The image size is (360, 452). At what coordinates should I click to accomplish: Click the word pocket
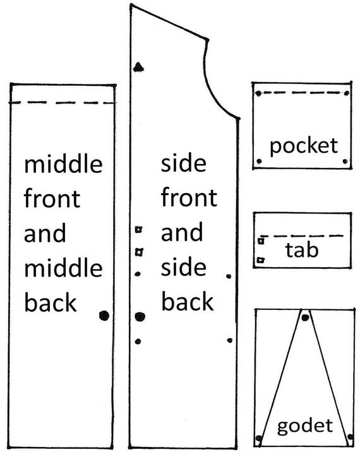pyautogui.click(x=304, y=147)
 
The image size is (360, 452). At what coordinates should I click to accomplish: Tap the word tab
pyautogui.click(x=302, y=249)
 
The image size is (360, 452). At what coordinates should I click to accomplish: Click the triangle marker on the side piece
pyautogui.click(x=139, y=67)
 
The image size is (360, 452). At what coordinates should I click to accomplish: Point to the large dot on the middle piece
pyautogui.click(x=104, y=316)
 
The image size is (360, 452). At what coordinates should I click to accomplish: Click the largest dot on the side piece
pyautogui.click(x=140, y=316)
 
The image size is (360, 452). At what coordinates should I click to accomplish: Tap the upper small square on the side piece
pyautogui.click(x=139, y=230)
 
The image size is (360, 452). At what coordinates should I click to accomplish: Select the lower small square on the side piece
pyautogui.click(x=140, y=252)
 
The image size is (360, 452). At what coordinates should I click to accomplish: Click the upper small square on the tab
pyautogui.click(x=261, y=240)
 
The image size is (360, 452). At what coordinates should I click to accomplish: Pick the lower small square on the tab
pyautogui.click(x=261, y=260)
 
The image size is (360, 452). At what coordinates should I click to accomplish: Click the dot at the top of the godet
pyautogui.click(x=305, y=318)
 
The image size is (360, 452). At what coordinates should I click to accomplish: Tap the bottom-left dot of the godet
pyautogui.click(x=259, y=439)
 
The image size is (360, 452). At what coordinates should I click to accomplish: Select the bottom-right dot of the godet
pyautogui.click(x=351, y=437)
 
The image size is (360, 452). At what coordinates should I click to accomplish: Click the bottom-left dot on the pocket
pyautogui.click(x=259, y=162)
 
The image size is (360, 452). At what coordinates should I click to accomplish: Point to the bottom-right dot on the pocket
pyautogui.click(x=345, y=162)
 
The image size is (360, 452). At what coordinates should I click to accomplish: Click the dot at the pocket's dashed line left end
pyautogui.click(x=258, y=93)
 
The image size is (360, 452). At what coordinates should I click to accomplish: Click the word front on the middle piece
pyautogui.click(x=52, y=198)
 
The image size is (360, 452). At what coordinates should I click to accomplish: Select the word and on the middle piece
pyautogui.click(x=45, y=233)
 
